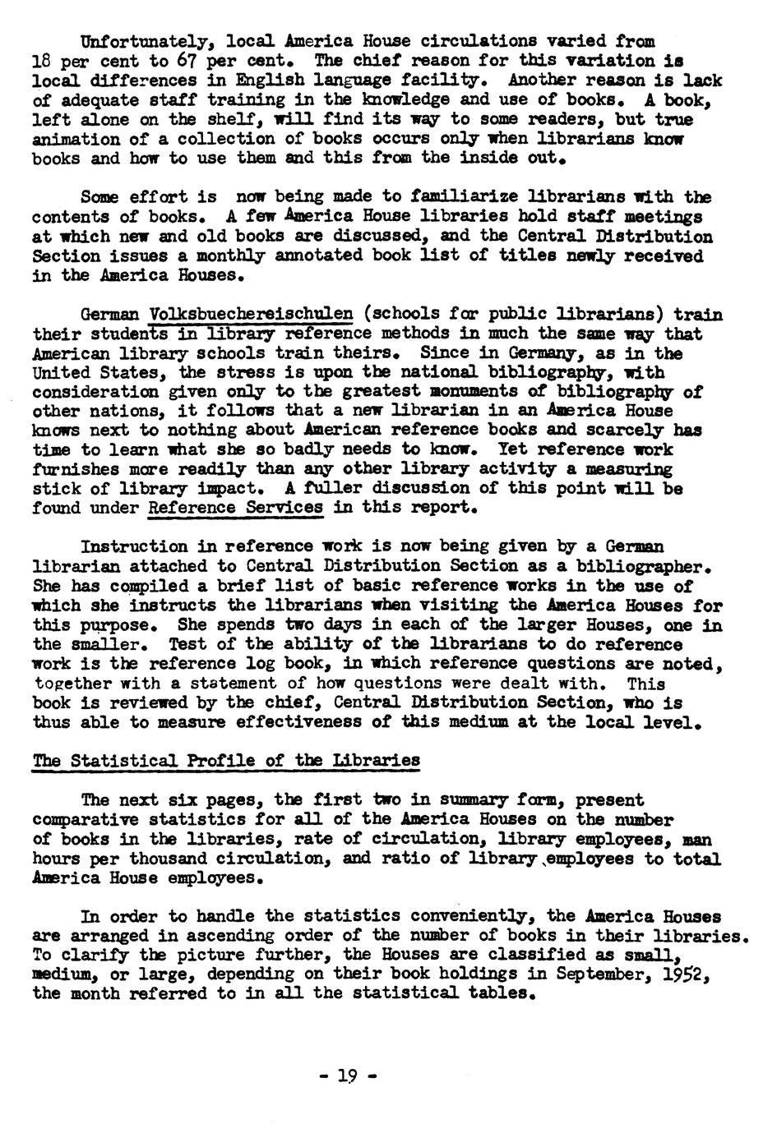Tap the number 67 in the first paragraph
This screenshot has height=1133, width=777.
pos(183,61)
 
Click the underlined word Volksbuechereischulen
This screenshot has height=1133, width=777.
pos(252,315)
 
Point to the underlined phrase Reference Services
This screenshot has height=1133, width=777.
pos(235,508)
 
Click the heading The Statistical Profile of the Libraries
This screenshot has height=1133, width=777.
pos(225,761)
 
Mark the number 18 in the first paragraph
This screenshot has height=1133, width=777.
pos(42,61)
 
